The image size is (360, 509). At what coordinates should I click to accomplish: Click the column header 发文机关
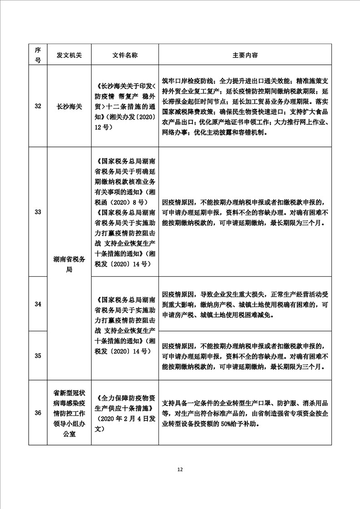pos(69,55)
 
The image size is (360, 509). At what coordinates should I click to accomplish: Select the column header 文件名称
pos(125,55)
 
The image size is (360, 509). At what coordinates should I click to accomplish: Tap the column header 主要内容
pos(245,55)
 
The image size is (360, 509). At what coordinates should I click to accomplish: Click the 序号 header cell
pos(38,55)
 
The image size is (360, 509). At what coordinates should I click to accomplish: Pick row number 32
pos(38,106)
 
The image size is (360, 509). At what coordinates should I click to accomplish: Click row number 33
pos(38,211)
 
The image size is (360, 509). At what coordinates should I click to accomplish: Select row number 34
pos(38,303)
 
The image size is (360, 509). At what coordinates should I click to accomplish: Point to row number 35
pos(38,355)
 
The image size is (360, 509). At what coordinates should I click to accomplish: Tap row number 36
pos(38,412)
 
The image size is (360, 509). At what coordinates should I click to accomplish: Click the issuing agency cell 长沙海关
pos(69,106)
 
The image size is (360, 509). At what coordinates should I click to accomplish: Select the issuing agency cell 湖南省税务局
pos(69,264)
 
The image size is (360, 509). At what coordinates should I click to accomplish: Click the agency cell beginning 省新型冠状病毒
pos(69,412)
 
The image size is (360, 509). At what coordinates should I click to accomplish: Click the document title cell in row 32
pos(125,106)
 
